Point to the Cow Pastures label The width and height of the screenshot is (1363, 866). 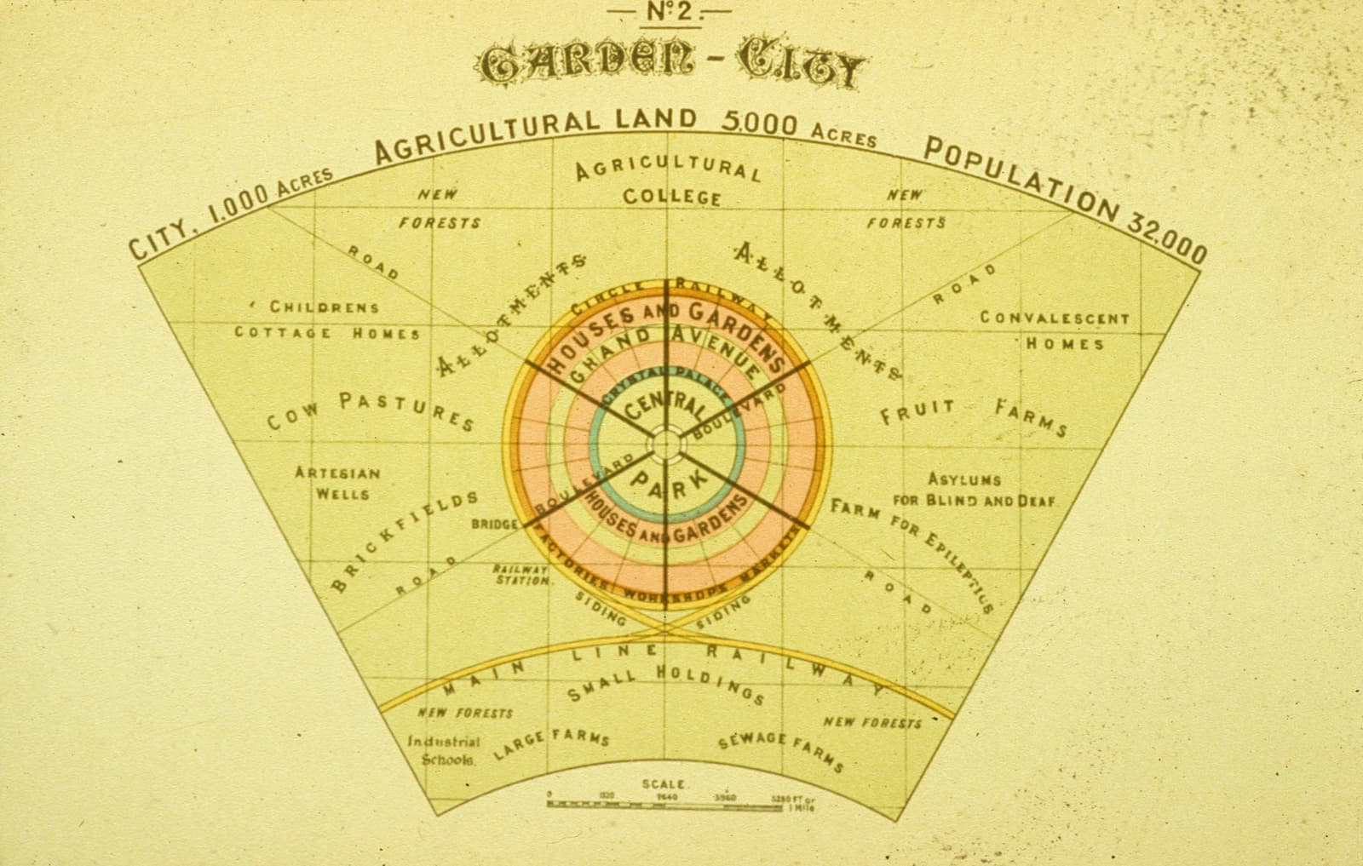[371, 410]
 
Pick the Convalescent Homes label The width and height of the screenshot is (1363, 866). [1054, 330]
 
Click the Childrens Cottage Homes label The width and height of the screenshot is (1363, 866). [326, 320]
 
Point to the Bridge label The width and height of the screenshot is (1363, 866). [494, 525]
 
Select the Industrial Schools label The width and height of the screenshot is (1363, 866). [443, 750]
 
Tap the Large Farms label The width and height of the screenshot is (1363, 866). [553, 743]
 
